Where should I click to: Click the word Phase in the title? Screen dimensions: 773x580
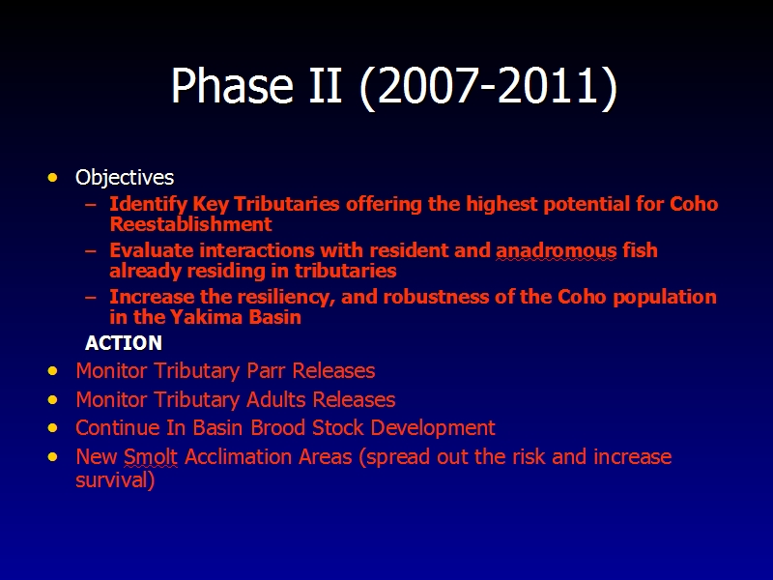pos(232,85)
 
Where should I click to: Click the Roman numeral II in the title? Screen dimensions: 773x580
pos(326,85)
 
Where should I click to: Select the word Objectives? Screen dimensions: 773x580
pos(125,177)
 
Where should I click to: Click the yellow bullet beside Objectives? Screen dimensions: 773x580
pos(53,177)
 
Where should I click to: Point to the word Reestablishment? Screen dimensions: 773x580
pos(190,224)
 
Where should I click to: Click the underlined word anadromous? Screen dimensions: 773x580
pos(557,250)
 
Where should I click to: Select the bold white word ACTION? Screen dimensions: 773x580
pos(124,343)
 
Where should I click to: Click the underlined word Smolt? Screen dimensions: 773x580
pos(151,456)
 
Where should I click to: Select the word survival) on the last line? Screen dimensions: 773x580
pos(115,479)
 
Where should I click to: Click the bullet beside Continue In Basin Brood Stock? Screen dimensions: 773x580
pos(53,427)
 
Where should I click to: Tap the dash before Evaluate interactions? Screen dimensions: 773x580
pos(91,250)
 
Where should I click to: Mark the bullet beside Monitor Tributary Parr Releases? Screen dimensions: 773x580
pos(53,370)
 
